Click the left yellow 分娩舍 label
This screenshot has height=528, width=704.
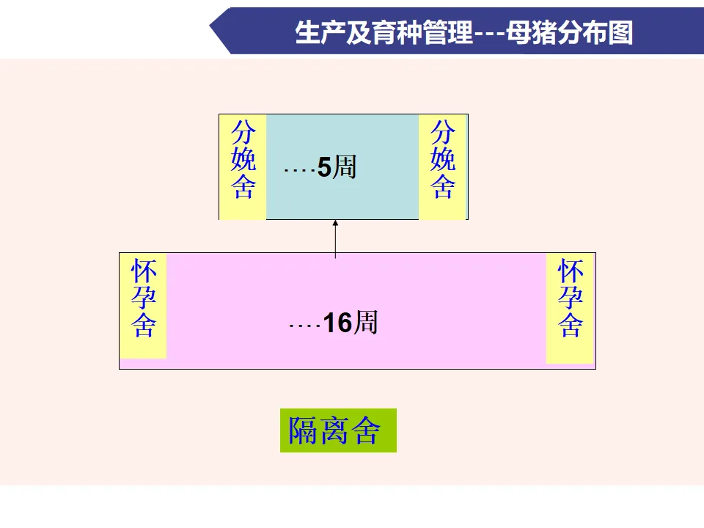243,166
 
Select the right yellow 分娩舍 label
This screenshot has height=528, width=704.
442,166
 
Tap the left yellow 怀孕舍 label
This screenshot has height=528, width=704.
144,303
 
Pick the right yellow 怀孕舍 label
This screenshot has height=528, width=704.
570,303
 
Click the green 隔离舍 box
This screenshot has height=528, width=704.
338,430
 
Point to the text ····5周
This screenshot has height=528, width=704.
320,169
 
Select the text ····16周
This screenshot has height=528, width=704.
334,323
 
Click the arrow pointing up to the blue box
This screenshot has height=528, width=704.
335,238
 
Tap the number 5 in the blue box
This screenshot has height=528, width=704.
324,169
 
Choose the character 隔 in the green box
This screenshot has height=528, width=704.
303,430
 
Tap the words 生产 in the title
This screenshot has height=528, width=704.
316,33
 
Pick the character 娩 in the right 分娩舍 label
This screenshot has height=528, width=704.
442,160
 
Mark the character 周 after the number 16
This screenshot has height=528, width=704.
366,323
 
